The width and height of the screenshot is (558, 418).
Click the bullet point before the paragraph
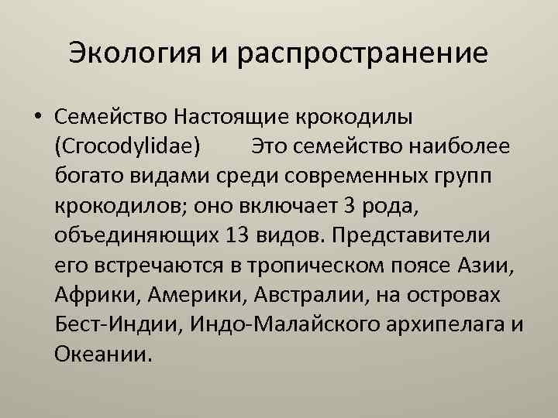tap(36, 117)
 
